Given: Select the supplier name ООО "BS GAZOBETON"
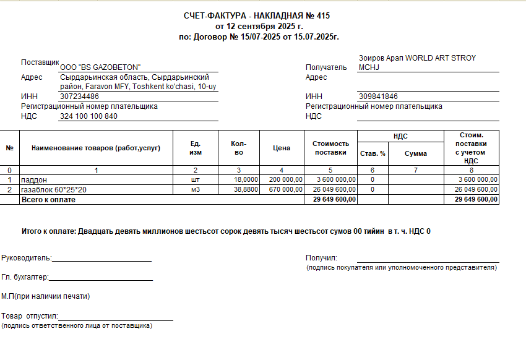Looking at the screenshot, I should pyautogui.click(x=100, y=67).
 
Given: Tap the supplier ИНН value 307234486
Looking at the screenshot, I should pyautogui.click(x=79, y=96).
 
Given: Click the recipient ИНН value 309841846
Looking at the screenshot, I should pyautogui.click(x=378, y=96).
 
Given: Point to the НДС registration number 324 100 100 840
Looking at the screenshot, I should pyautogui.click(x=88, y=116).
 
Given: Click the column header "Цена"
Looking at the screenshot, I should pyautogui.click(x=282, y=148).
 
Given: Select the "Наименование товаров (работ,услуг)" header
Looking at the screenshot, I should pyautogui.click(x=96, y=148).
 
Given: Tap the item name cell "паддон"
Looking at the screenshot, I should pyautogui.click(x=34, y=180).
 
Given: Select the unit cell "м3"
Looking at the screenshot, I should pyautogui.click(x=196, y=190).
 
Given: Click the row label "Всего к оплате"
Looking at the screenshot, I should pyautogui.click(x=48, y=200).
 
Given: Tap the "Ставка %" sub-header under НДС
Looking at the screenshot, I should pyautogui.click(x=373, y=153).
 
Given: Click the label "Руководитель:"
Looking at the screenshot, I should pyautogui.click(x=27, y=258).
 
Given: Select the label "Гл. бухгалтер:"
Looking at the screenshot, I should pyautogui.click(x=25, y=278).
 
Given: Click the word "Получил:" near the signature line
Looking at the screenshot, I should pyautogui.click(x=321, y=258).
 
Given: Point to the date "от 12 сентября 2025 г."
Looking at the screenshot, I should pyautogui.click(x=259, y=27).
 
